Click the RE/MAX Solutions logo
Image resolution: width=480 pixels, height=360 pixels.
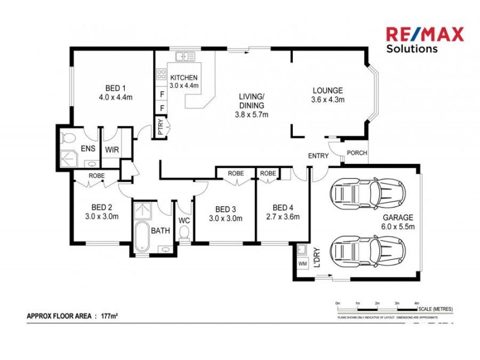[x=424, y=40]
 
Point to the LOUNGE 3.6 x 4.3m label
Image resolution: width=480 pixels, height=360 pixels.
[x=328, y=95]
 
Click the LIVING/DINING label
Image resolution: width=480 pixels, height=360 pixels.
[x=251, y=105]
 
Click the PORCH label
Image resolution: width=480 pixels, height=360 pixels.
[x=356, y=153]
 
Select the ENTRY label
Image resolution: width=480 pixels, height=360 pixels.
[x=318, y=155]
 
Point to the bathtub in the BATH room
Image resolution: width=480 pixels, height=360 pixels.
[x=142, y=238]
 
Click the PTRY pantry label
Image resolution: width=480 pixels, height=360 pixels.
[x=160, y=128]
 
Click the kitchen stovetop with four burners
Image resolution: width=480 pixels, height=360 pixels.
[x=161, y=75]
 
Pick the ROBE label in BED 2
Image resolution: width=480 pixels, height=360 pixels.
[x=97, y=176]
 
